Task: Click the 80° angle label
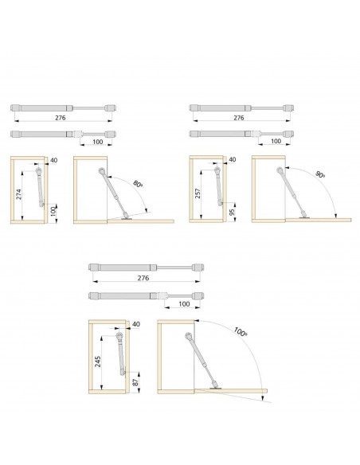[x=138, y=184]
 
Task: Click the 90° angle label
[x=320, y=174]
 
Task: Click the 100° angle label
[x=241, y=331]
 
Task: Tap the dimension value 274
[x=19, y=194]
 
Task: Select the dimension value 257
[x=198, y=193]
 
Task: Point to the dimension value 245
[x=98, y=361]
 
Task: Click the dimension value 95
[x=233, y=212]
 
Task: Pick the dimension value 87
[x=135, y=382]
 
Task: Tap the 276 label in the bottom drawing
[x=143, y=278]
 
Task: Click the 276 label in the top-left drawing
[x=61, y=118]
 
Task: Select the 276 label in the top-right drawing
[x=239, y=118]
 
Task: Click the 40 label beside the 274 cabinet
[x=53, y=160]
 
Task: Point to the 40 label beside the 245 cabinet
[x=136, y=324]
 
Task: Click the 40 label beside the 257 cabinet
[x=233, y=159]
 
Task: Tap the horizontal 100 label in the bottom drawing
[x=184, y=304]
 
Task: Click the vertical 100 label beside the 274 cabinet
[x=53, y=212]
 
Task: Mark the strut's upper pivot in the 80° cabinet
[x=101, y=171]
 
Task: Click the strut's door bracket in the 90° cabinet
[x=304, y=217]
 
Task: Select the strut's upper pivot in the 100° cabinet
[x=188, y=336]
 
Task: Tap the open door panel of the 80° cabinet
[x=140, y=221]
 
